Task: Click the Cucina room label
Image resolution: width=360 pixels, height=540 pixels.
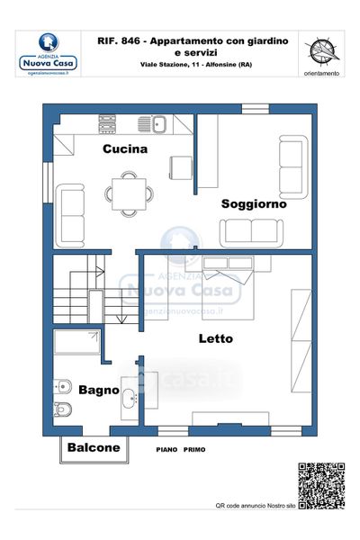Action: [x=125, y=148]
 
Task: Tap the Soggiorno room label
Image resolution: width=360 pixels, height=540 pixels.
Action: [x=254, y=203]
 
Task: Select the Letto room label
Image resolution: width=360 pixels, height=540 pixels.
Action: [x=216, y=338]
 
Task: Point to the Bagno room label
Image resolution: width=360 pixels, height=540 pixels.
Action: [x=99, y=391]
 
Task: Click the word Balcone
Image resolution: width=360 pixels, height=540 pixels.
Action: [x=94, y=447]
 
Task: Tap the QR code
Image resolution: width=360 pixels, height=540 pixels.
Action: [x=321, y=486]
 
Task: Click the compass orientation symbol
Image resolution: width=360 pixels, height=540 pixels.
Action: [x=322, y=51]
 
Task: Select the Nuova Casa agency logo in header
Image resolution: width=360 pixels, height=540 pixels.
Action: [x=49, y=54]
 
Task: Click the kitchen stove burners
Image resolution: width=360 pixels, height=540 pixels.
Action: [x=107, y=124]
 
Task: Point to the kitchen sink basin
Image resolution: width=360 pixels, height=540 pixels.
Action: [x=159, y=124]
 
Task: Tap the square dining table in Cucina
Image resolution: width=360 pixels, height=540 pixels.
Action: [x=129, y=193]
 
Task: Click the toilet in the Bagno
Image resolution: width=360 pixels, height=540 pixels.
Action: [x=63, y=409]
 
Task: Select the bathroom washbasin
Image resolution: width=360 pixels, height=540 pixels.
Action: [x=130, y=399]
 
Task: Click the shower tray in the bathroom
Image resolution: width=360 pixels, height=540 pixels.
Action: [x=77, y=342]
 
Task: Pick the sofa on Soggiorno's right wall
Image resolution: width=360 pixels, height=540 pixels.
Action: [x=293, y=167]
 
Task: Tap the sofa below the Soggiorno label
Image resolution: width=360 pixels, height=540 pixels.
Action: [x=251, y=233]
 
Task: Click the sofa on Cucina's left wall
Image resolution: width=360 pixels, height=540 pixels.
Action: [x=70, y=216]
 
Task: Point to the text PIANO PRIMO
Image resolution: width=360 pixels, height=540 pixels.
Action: [x=181, y=449]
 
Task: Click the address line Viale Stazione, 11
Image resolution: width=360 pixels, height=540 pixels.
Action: [x=166, y=65]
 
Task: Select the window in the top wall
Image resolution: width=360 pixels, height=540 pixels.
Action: [x=256, y=109]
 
